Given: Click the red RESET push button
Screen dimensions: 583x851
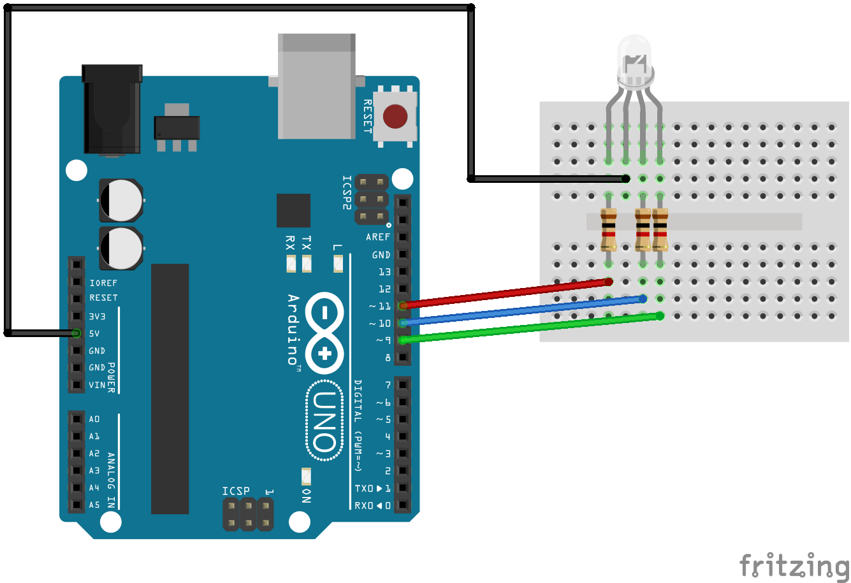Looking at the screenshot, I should click(395, 117).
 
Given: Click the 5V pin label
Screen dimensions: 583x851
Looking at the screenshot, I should click(94, 333).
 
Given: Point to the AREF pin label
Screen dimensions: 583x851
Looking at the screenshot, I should click(377, 237).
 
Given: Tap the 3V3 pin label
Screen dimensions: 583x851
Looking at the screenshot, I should click(97, 316).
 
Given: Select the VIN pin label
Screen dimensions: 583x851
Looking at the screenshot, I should click(97, 385).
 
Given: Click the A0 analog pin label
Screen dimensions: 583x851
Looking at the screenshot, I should click(94, 419).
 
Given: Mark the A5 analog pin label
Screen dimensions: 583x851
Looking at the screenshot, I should click(94, 505).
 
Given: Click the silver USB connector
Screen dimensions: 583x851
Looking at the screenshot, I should click(317, 86).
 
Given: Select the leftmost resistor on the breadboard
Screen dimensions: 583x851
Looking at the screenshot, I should click(609, 230).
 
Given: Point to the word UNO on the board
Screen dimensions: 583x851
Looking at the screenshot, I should click(324, 421).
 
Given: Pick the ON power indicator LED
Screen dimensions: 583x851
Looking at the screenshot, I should click(306, 477).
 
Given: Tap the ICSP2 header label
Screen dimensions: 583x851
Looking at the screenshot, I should click(347, 192).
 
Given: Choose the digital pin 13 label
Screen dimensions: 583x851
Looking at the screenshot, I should click(384, 272).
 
